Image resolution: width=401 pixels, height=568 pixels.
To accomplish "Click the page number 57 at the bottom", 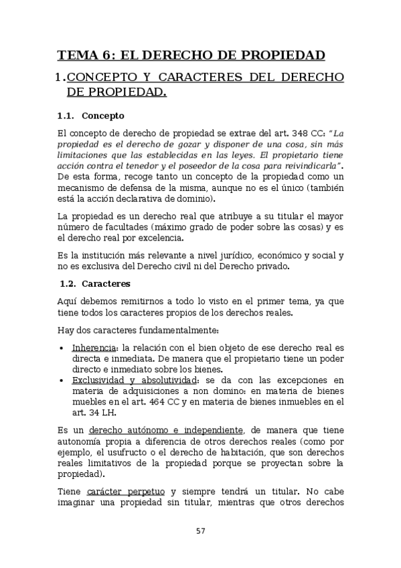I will [200, 531].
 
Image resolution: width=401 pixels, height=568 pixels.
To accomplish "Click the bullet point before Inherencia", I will [62, 348].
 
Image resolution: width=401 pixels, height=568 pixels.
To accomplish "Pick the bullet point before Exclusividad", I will [62, 380].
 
